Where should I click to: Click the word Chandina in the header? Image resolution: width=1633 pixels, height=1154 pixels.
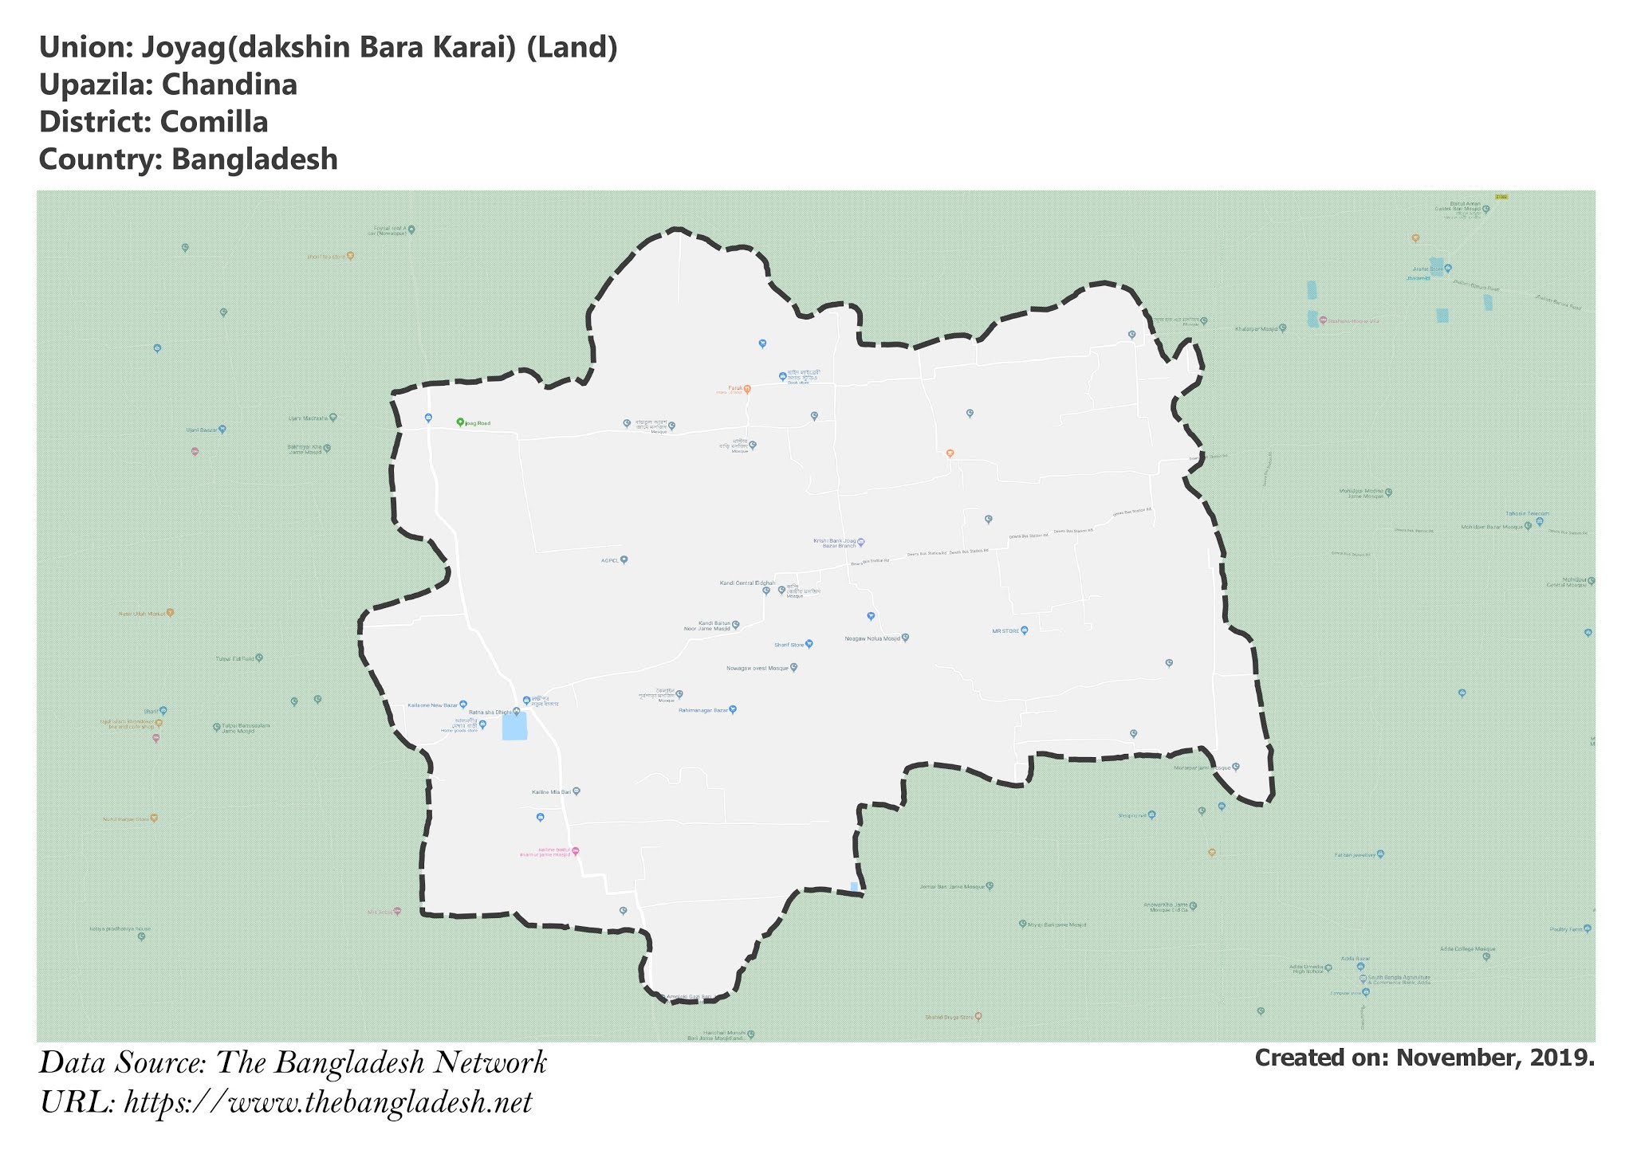[x=230, y=84]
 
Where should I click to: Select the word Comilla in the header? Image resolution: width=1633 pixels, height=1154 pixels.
[x=214, y=122]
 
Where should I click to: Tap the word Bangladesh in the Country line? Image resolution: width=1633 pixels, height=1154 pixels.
[x=254, y=159]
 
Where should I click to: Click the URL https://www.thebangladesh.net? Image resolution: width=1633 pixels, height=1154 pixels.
[x=328, y=1103]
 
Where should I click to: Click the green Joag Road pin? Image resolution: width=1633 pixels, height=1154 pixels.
[x=460, y=422]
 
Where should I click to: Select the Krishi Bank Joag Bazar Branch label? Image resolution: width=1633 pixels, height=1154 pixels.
[x=835, y=543]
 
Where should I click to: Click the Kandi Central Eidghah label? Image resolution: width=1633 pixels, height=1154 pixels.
[x=747, y=583]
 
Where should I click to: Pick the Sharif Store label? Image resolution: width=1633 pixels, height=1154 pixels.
[x=789, y=644]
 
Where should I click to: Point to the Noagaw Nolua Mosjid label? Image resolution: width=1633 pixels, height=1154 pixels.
[x=872, y=638]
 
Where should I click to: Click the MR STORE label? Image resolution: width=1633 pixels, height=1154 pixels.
[x=1005, y=630]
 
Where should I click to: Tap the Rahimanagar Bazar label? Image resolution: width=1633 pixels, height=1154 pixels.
[x=704, y=709]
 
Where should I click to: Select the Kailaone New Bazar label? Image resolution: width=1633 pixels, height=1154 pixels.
[x=433, y=705]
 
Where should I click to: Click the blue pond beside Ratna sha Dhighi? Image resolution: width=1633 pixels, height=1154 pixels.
[x=514, y=727]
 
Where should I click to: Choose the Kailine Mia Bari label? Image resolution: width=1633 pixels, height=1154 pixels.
[x=552, y=792]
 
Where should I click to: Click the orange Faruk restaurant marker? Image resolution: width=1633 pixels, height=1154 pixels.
[x=747, y=389]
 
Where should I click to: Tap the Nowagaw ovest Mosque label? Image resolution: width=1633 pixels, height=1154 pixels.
[x=757, y=668]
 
